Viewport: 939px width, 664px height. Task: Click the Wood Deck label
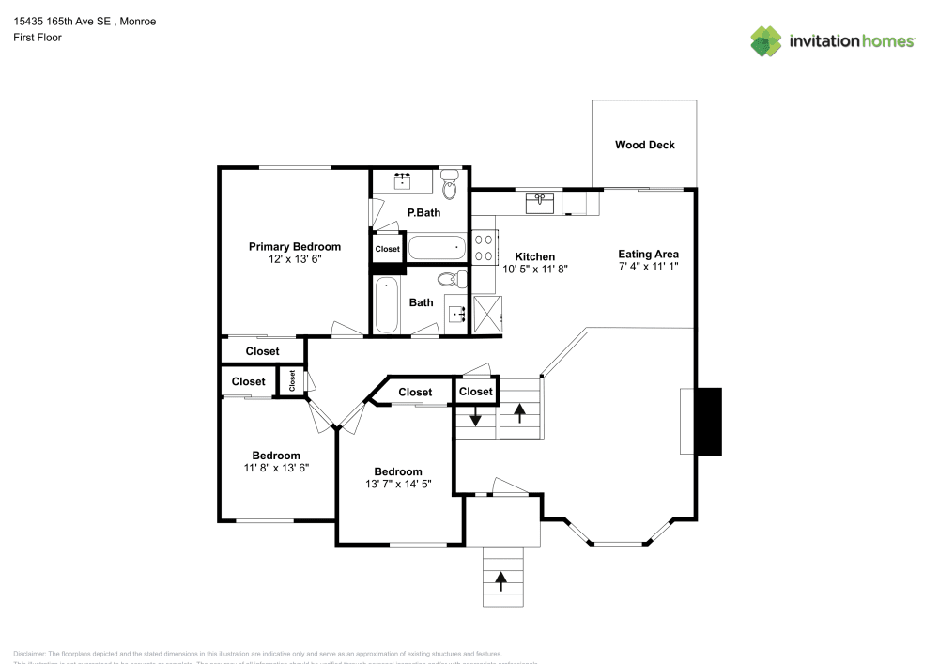click(x=644, y=145)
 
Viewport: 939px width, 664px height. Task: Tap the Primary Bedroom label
click(x=294, y=246)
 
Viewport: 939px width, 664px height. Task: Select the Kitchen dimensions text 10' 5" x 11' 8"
click(x=535, y=269)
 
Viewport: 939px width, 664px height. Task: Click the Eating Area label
click(x=648, y=254)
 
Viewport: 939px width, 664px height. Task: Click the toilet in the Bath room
click(x=453, y=278)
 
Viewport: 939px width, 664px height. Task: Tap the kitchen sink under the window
click(x=541, y=202)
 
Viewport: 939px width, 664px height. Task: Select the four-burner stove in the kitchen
click(x=484, y=247)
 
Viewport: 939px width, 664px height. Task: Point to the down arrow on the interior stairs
click(x=476, y=416)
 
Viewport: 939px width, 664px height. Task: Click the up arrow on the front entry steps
click(x=500, y=581)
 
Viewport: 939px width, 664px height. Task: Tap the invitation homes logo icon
click(x=765, y=40)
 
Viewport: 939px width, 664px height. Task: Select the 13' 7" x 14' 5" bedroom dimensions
click(x=398, y=484)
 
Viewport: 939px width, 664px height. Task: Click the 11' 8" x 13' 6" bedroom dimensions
click(x=276, y=467)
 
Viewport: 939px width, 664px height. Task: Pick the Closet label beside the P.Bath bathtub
click(x=387, y=249)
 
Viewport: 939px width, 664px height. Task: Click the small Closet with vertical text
click(x=292, y=380)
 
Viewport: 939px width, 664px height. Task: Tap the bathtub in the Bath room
click(x=387, y=304)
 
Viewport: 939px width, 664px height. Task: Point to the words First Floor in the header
click(x=38, y=38)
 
